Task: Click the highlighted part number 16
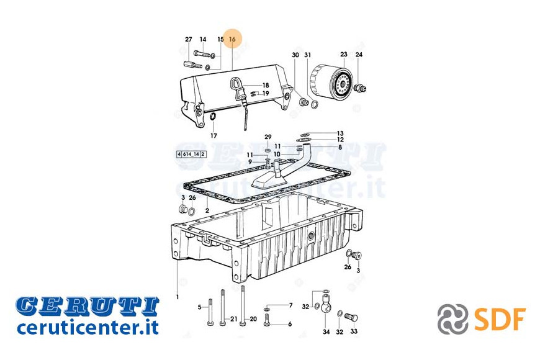coord(232,39)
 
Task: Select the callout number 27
coord(189,39)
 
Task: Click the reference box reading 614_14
coord(191,154)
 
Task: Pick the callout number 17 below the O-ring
coord(214,136)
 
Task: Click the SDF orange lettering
coord(500,319)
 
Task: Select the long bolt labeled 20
coord(243,305)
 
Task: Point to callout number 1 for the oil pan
coord(178,297)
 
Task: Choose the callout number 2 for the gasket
coord(207,210)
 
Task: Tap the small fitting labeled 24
coord(360,88)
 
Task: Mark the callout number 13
coord(340,133)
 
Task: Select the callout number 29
coord(268,137)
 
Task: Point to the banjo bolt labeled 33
coord(351,317)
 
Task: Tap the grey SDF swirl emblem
coord(452,319)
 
